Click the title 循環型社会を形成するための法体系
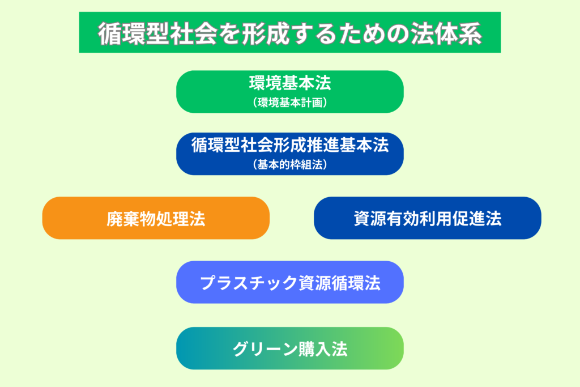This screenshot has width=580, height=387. tap(290, 33)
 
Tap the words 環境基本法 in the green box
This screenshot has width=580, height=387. tap(290, 83)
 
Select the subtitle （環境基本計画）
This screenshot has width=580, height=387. tap(290, 103)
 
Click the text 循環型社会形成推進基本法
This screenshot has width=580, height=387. tap(290, 145)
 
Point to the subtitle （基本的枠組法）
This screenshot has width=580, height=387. tap(290, 165)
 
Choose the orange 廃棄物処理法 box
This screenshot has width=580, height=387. tap(156, 218)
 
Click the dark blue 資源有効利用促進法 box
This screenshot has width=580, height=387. tap(428, 218)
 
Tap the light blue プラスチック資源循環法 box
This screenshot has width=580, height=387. tap(290, 282)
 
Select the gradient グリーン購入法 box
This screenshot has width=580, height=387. tap(290, 348)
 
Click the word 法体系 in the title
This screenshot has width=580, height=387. tap(446, 33)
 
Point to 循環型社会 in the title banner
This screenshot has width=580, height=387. tap(157, 33)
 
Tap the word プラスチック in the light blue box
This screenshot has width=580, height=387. tap(249, 283)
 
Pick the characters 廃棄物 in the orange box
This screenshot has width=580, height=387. tap(131, 219)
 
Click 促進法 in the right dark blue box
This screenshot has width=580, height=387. tap(477, 219)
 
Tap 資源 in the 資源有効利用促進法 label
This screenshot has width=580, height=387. tap(370, 219)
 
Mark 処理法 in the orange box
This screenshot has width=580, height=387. tap(181, 219)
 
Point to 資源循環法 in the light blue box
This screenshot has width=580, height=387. tap(339, 283)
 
